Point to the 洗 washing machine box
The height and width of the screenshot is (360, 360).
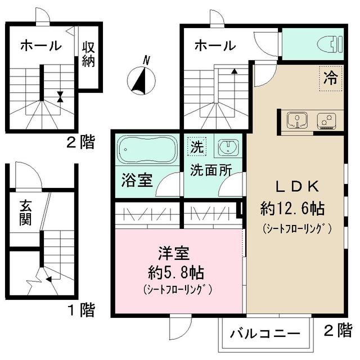(x=195, y=148)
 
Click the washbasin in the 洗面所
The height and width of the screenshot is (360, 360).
(x=228, y=148)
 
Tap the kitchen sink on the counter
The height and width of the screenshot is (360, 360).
(x=295, y=120)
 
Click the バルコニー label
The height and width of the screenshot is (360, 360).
(x=264, y=334)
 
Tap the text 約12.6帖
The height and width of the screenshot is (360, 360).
(x=292, y=209)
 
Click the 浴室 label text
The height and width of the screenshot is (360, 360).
(x=137, y=182)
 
